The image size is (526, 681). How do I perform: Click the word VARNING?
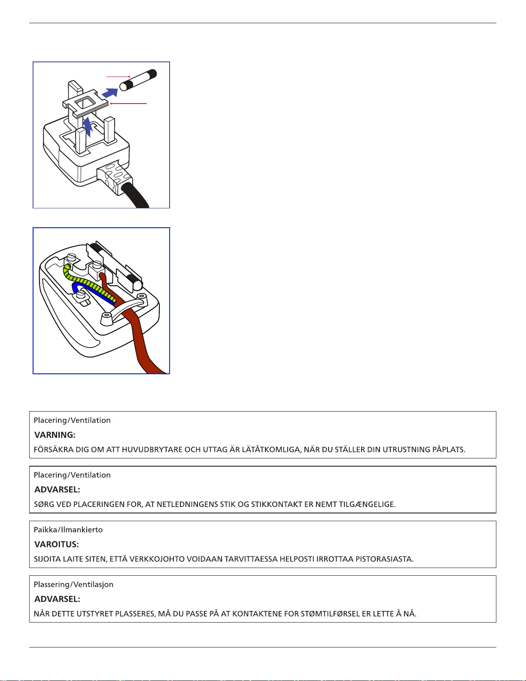[x=55, y=435]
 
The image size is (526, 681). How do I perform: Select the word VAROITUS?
[x=56, y=544]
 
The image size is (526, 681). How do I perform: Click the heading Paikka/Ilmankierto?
[x=68, y=530]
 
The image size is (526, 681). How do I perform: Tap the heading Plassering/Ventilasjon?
[x=73, y=584]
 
